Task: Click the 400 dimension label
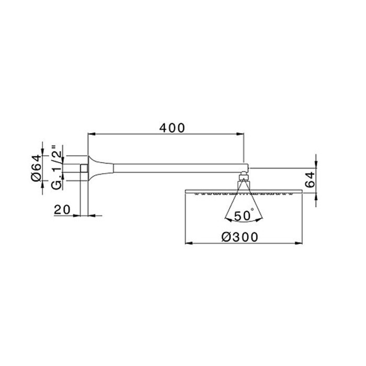(171, 128)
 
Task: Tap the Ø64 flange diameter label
(36, 168)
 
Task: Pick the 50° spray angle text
(244, 214)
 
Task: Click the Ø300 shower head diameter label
(239, 237)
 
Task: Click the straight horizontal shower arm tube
(173, 168)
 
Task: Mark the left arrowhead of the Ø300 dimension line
(189, 243)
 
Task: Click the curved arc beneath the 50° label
(243, 222)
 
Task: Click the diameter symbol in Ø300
(225, 237)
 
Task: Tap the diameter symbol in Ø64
(36, 177)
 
